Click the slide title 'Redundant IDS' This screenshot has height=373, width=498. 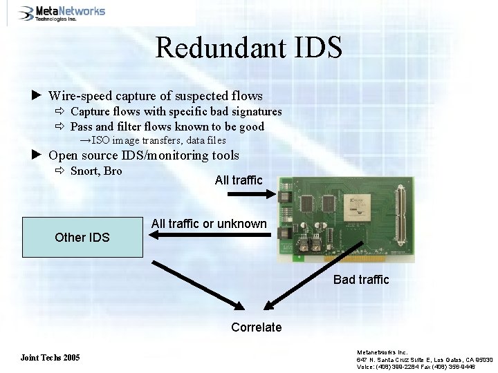[248, 48]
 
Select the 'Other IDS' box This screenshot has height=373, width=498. [82, 237]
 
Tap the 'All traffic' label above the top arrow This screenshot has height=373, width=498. [239, 180]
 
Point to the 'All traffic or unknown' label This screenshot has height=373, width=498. [208, 224]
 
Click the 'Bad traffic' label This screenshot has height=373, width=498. [361, 280]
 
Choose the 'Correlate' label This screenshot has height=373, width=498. [257, 327]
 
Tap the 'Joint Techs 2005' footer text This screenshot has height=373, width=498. [50, 358]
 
